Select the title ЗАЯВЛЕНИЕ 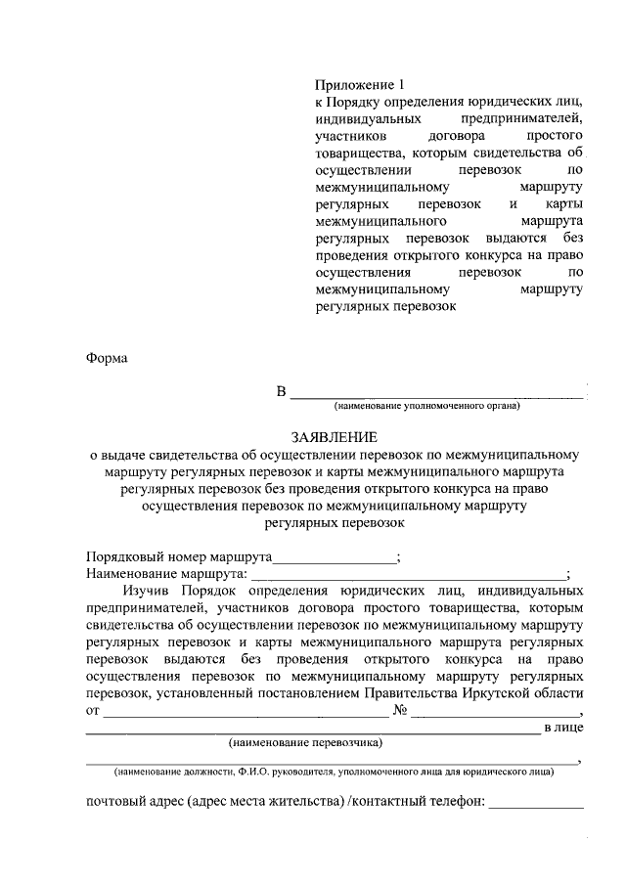tap(334, 436)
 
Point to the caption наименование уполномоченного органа tap(427, 406)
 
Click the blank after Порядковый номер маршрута tap(335, 558)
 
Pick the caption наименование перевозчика tap(305, 743)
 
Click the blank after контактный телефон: tap(536, 806)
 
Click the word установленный tap(201, 692)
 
